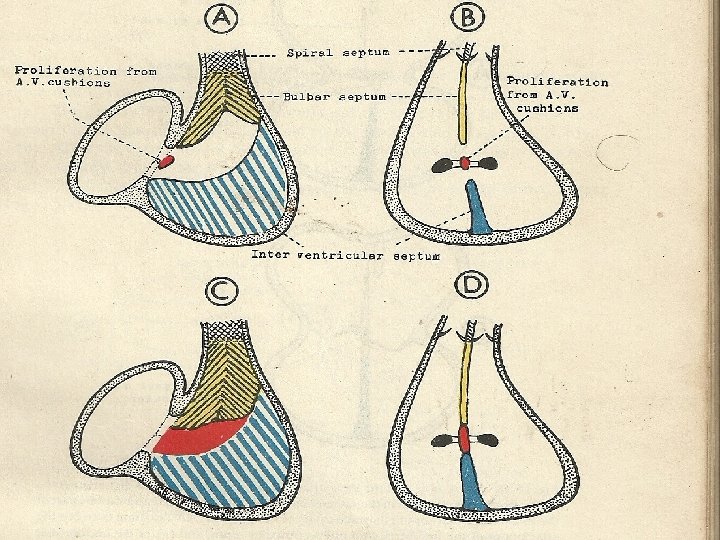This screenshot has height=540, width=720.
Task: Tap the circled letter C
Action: [x=220, y=292]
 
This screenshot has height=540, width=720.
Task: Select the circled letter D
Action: [x=469, y=287]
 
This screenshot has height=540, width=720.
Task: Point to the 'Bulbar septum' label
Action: [x=329, y=96]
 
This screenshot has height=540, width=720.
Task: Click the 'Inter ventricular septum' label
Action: [x=345, y=255]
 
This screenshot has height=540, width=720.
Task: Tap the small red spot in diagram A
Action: [x=166, y=160]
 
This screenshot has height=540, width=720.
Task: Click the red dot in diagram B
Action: [x=464, y=163]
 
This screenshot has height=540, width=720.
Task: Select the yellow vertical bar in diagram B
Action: [x=463, y=100]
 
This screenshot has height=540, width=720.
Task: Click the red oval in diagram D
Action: [x=464, y=436]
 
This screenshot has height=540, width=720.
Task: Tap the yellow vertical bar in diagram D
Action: [x=464, y=380]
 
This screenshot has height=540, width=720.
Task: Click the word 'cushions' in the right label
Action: [x=547, y=108]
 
